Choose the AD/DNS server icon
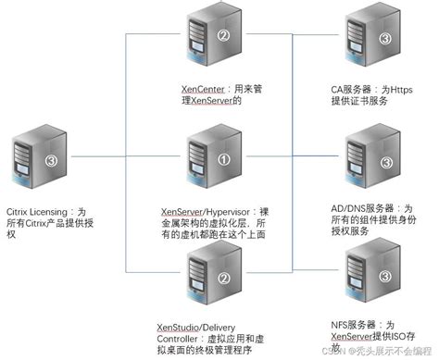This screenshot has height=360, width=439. click(x=370, y=162)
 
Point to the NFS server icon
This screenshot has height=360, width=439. click(x=370, y=277)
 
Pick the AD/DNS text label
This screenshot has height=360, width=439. click(x=347, y=210)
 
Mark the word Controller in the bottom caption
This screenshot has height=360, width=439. click(x=180, y=339)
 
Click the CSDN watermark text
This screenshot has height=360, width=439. click(x=329, y=351)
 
